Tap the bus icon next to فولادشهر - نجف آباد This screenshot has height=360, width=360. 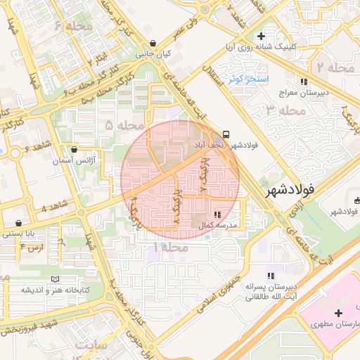click(226, 134)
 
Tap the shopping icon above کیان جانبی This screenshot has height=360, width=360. click(153, 44)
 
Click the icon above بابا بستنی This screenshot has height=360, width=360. click(16, 224)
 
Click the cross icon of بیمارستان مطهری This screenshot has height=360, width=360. click(339, 313)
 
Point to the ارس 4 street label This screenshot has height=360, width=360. click(32, 247)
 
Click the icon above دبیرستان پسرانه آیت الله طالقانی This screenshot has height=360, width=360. click(269, 276)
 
